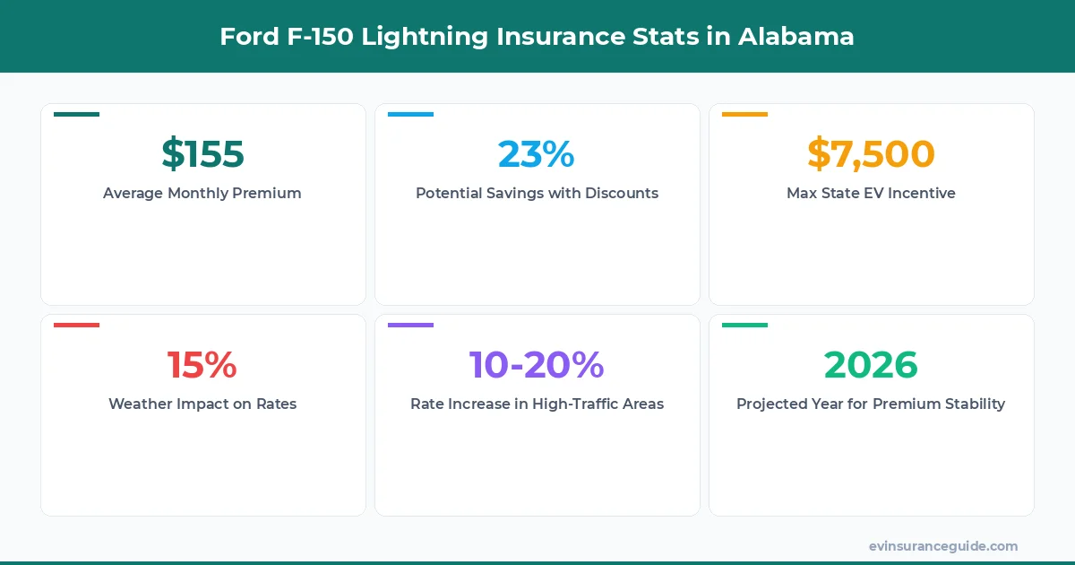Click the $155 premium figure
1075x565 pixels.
tap(202, 154)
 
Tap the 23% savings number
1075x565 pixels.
tap(536, 154)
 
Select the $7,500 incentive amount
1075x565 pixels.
tap(871, 154)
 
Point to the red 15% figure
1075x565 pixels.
tap(202, 365)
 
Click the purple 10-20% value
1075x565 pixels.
tap(537, 365)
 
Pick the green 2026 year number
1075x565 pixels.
tap(871, 365)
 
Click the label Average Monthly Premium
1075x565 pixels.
tap(202, 193)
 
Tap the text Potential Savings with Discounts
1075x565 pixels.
tap(537, 193)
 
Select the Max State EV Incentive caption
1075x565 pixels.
tap(871, 193)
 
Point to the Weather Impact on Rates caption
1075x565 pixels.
tap(202, 404)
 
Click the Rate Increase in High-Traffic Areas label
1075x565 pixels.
tap(537, 404)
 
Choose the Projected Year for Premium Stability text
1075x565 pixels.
tap(871, 404)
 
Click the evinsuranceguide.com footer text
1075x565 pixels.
tap(942, 545)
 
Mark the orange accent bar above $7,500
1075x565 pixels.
tap(744, 114)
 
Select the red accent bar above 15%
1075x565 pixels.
tap(76, 325)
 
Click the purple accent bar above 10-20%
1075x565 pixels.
tap(410, 325)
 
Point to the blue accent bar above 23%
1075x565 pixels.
tap(410, 114)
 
